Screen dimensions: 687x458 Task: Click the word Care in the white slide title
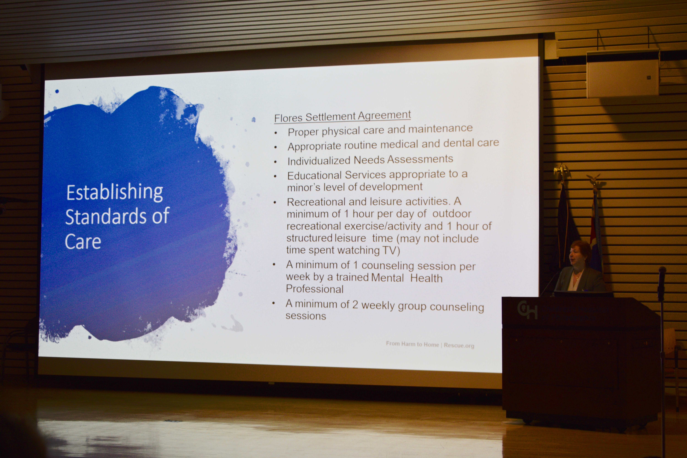(x=83, y=242)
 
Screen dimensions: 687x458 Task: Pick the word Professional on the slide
(x=315, y=289)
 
